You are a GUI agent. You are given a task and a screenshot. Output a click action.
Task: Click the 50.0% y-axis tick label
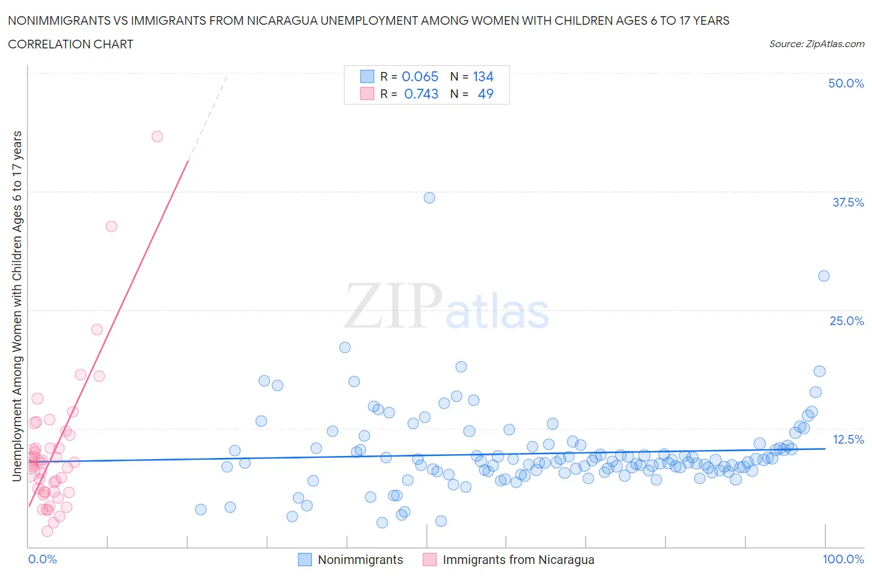(x=846, y=83)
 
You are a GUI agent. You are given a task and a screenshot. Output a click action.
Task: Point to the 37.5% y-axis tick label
(x=848, y=202)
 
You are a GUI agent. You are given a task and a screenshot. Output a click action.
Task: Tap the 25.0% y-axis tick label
(x=847, y=321)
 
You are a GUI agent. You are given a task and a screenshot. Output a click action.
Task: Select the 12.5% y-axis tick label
(x=848, y=439)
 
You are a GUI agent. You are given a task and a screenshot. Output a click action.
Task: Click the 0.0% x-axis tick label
(x=42, y=559)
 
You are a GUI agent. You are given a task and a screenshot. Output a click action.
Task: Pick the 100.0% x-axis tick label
(x=843, y=559)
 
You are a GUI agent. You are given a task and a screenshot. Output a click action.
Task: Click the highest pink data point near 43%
(x=158, y=136)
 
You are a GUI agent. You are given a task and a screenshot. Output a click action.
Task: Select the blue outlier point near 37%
(x=429, y=198)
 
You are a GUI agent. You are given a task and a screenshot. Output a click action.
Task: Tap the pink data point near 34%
(x=112, y=226)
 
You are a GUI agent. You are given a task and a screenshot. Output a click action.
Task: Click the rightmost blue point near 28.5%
(x=824, y=276)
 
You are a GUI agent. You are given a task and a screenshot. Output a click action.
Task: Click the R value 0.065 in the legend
(x=420, y=76)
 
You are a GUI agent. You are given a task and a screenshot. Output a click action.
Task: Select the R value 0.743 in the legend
(x=421, y=94)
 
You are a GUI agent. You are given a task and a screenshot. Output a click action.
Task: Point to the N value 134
(x=483, y=76)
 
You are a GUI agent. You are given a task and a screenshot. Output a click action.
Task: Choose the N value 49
(x=486, y=94)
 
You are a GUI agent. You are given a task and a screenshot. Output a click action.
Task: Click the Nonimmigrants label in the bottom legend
(x=360, y=560)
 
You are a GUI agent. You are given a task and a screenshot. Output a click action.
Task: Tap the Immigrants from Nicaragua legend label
(x=518, y=560)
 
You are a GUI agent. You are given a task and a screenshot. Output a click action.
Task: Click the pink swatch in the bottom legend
(x=430, y=560)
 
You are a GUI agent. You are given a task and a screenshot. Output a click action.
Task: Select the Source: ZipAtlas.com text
(x=816, y=43)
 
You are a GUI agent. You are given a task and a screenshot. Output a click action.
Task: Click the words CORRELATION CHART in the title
(x=71, y=44)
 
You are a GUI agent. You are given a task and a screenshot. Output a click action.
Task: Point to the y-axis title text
(x=17, y=306)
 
